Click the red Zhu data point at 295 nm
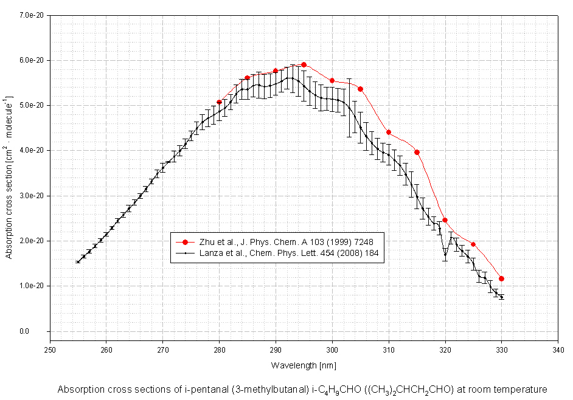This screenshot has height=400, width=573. [304, 64]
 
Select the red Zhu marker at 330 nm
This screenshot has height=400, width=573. [501, 278]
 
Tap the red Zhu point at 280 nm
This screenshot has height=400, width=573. [219, 102]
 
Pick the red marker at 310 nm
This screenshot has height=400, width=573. [389, 133]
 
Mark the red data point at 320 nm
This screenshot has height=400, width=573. [445, 220]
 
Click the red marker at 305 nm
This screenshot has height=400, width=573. [360, 89]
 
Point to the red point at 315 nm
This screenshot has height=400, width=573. [417, 152]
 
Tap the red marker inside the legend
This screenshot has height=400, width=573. [186, 241]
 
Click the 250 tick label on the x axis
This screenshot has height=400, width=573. [50, 350]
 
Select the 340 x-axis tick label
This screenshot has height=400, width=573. [558, 350]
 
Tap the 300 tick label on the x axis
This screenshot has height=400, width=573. [332, 350]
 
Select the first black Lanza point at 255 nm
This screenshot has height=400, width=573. [77, 262]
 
